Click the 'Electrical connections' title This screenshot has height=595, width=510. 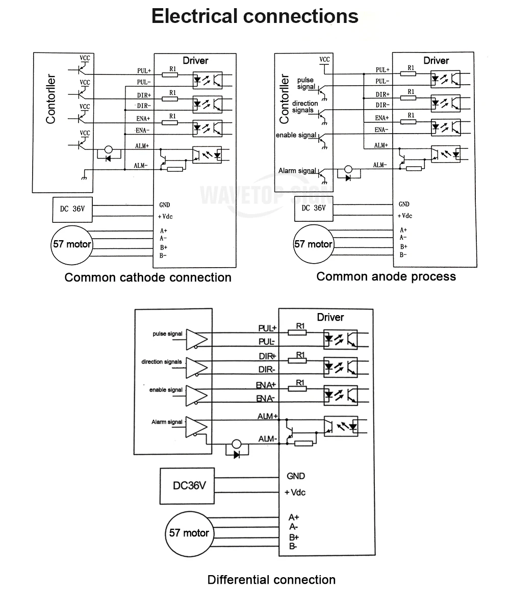pos(254,16)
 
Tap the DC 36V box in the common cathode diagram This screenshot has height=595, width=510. pos(72,209)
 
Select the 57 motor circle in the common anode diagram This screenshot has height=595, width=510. pos(314,244)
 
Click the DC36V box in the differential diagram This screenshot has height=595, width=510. pos(187,486)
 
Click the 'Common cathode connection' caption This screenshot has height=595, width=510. pos(148,277)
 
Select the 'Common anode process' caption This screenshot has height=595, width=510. pos(386,277)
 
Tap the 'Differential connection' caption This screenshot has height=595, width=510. pos(271,580)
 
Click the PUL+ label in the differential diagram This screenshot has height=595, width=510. pos(268,328)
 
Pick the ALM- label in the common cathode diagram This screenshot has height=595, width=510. pos(140,166)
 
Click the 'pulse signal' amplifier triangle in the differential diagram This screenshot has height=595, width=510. pos(196,339)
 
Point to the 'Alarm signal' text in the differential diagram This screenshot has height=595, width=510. pos(167,422)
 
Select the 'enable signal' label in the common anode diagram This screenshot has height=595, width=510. pos(296,135)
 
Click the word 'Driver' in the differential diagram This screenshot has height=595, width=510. pos(330,317)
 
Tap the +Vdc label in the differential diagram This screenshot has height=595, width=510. pos(295,493)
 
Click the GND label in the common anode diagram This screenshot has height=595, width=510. pos(404,204)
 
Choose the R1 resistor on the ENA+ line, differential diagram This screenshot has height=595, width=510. pos(297,389)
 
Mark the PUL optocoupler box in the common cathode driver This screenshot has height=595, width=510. pos(208,80)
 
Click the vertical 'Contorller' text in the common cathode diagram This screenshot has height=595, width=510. pos(50,99)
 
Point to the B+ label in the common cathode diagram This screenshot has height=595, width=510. pos(164,247)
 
